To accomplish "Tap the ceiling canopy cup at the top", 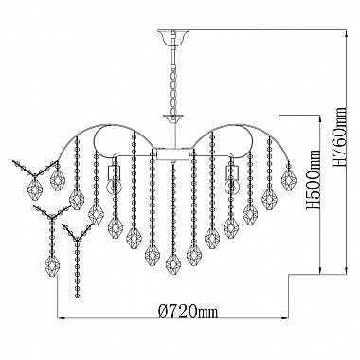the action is (x=172, y=38).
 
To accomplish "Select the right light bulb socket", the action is (x=232, y=172).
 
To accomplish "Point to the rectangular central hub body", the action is (x=172, y=154).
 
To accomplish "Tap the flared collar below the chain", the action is (x=172, y=118).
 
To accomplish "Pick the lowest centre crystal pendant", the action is (x=172, y=263).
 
